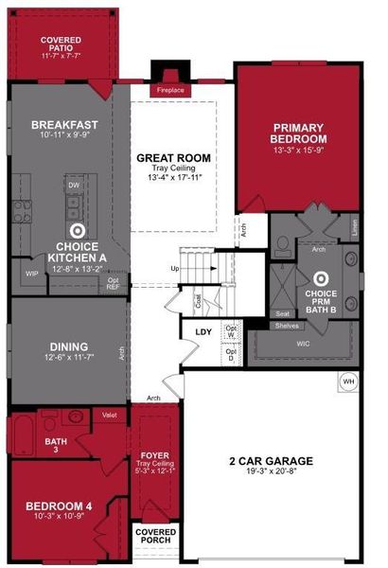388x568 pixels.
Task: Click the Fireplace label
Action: pos(170,90)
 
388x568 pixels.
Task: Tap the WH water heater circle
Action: pos(347,382)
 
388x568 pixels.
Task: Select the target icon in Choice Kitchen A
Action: pos(78,229)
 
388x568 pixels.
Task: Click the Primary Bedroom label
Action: pos(298,133)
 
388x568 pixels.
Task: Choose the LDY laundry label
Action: pos(203,331)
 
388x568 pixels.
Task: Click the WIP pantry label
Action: pos(31,275)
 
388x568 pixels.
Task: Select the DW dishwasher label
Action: pos(73,186)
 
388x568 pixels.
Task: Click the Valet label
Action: pos(110,415)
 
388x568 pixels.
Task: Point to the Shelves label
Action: pos(287,326)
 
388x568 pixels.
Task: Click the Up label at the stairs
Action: pos(174,269)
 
